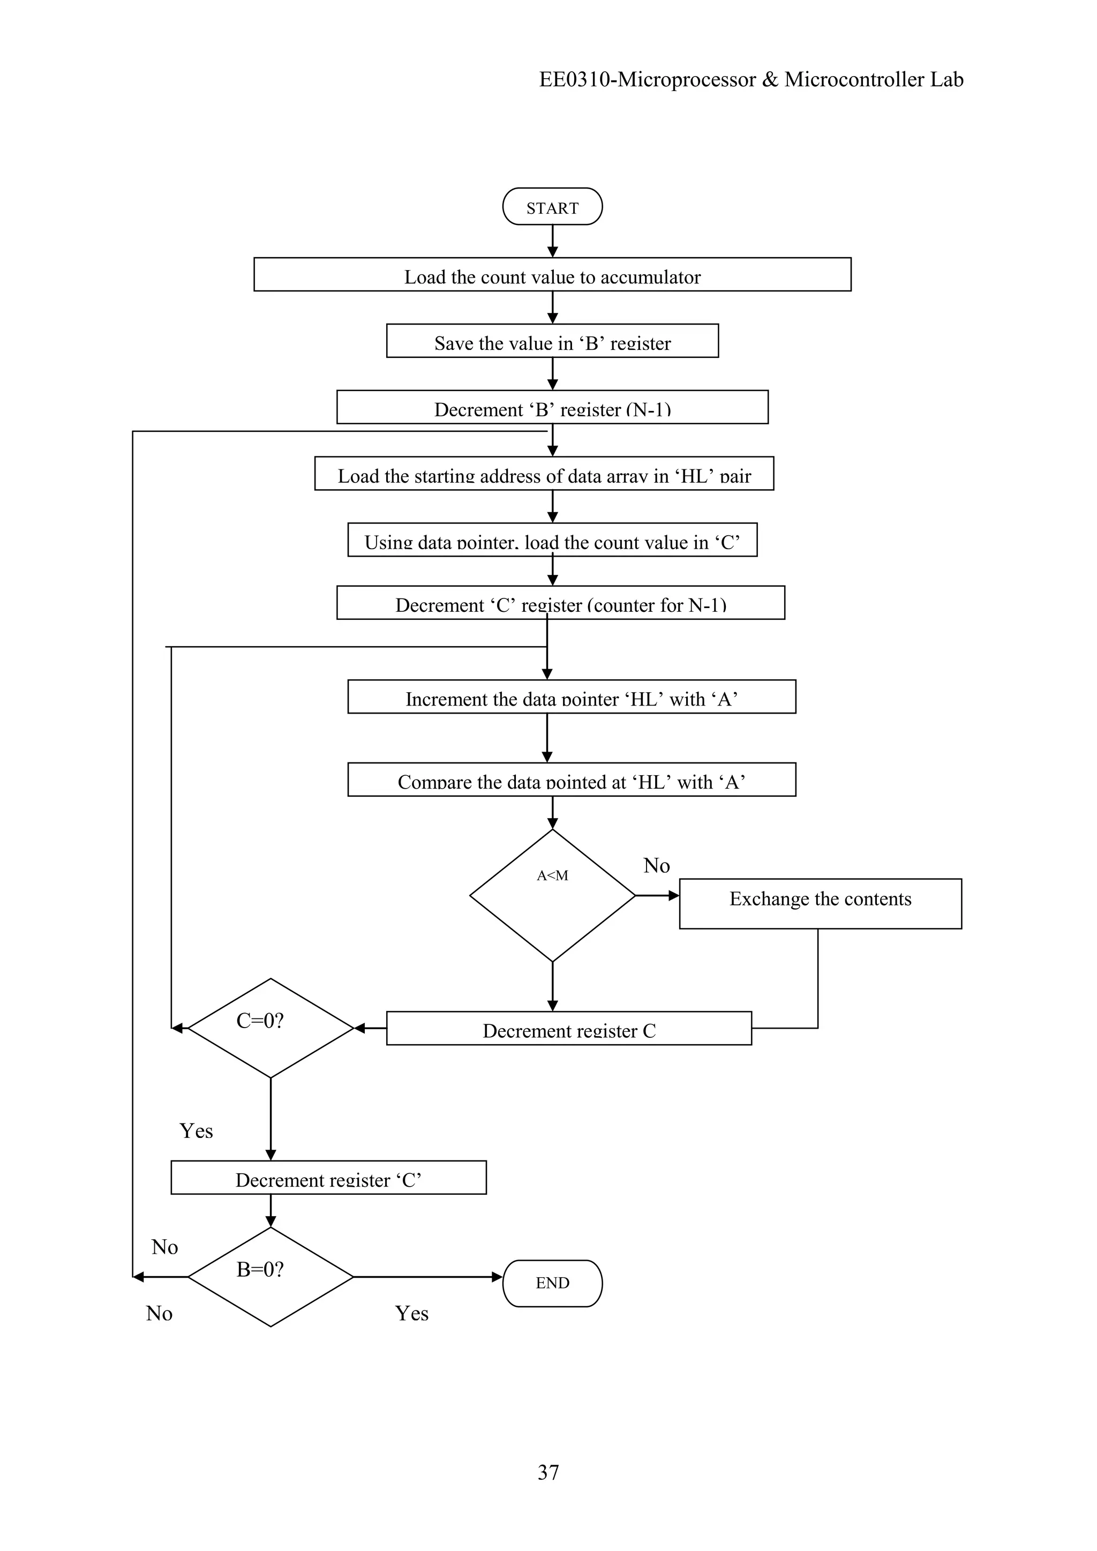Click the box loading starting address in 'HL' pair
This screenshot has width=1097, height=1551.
[544, 474]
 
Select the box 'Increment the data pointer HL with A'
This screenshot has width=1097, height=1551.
[572, 696]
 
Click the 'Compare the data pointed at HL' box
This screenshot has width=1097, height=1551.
[572, 780]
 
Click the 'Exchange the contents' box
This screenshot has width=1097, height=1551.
[820, 903]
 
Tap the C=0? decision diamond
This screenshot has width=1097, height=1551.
[270, 1028]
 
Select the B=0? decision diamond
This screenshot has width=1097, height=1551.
[270, 1277]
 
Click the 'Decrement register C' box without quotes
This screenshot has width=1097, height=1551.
[569, 1028]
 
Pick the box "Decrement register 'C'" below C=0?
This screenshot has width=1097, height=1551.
[328, 1178]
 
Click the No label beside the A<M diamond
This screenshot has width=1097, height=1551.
[656, 865]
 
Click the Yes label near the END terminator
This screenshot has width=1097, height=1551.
[411, 1313]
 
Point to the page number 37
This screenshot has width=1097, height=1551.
[548, 1472]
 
